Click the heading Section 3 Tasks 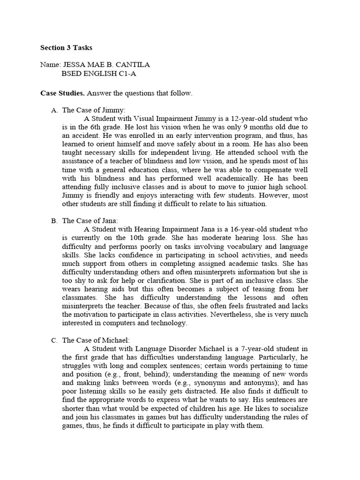(x=66, y=48)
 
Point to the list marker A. (x=54, y=110)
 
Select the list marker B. (x=54, y=220)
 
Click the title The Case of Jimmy (x=91, y=110)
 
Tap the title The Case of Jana (x=90, y=220)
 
